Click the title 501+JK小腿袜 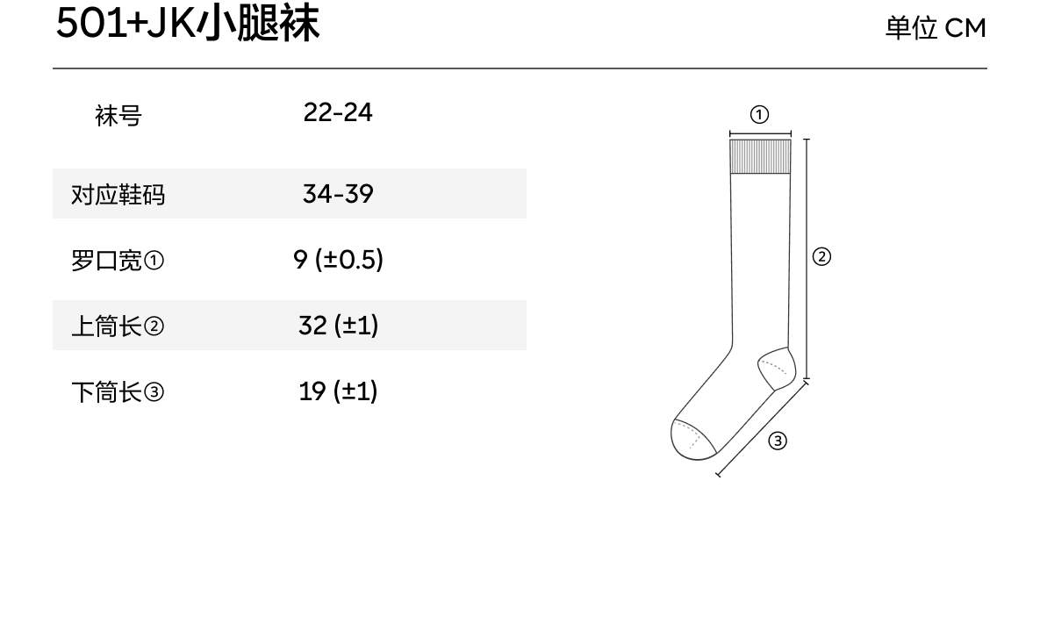188,25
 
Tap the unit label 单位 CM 935,28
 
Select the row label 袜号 118,115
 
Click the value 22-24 338,112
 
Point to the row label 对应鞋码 118,194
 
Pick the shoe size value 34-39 338,193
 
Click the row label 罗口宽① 118,261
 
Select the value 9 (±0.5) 338,260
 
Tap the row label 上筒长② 118,326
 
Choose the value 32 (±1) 338,326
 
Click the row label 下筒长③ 118,392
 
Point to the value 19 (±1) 338,391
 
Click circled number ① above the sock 760,115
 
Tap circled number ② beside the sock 821,256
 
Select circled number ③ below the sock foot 778,441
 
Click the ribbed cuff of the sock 760,156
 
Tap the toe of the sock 690,439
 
